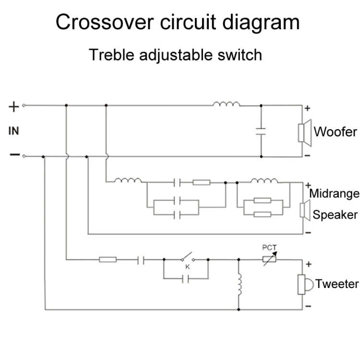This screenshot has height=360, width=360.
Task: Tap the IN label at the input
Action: click(14, 131)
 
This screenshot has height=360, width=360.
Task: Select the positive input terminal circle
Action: click(24, 106)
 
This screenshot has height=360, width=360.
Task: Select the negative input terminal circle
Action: click(24, 156)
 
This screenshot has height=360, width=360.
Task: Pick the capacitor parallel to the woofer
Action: click(261, 132)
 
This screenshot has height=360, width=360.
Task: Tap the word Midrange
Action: click(334, 194)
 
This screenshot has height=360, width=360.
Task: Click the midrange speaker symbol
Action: click(304, 209)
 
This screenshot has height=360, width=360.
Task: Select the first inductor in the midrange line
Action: click(128, 181)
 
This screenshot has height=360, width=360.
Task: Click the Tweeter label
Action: click(337, 284)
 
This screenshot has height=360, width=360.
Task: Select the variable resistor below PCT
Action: click(269, 260)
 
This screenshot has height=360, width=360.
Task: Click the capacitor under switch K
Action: click(186, 278)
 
